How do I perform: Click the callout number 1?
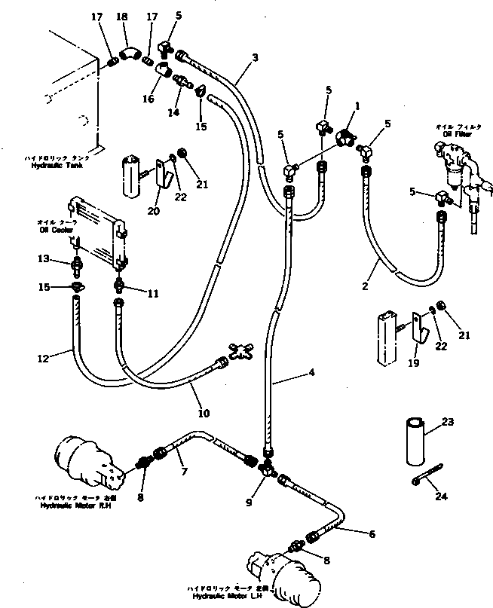[x=348, y=106]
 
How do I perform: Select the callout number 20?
[x=154, y=210]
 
